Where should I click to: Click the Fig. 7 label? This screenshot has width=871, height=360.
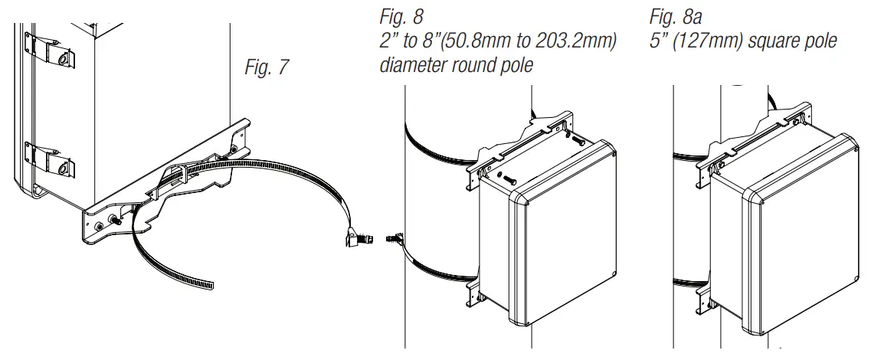tap(267, 67)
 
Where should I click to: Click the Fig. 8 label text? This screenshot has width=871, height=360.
tap(401, 16)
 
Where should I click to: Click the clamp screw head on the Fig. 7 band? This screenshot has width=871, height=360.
tap(359, 240)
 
